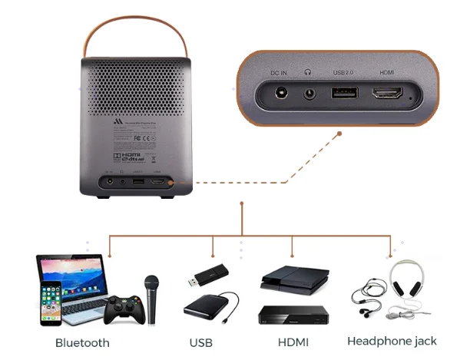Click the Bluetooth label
click(x=82, y=342)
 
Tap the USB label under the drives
click(x=201, y=342)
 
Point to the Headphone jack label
click(x=392, y=341)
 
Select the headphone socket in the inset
click(x=310, y=94)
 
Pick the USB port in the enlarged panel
click(x=346, y=94)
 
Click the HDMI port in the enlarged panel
click(x=389, y=95)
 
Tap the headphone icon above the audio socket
click(x=309, y=73)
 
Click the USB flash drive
click(x=209, y=275)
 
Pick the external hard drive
click(x=207, y=306)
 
